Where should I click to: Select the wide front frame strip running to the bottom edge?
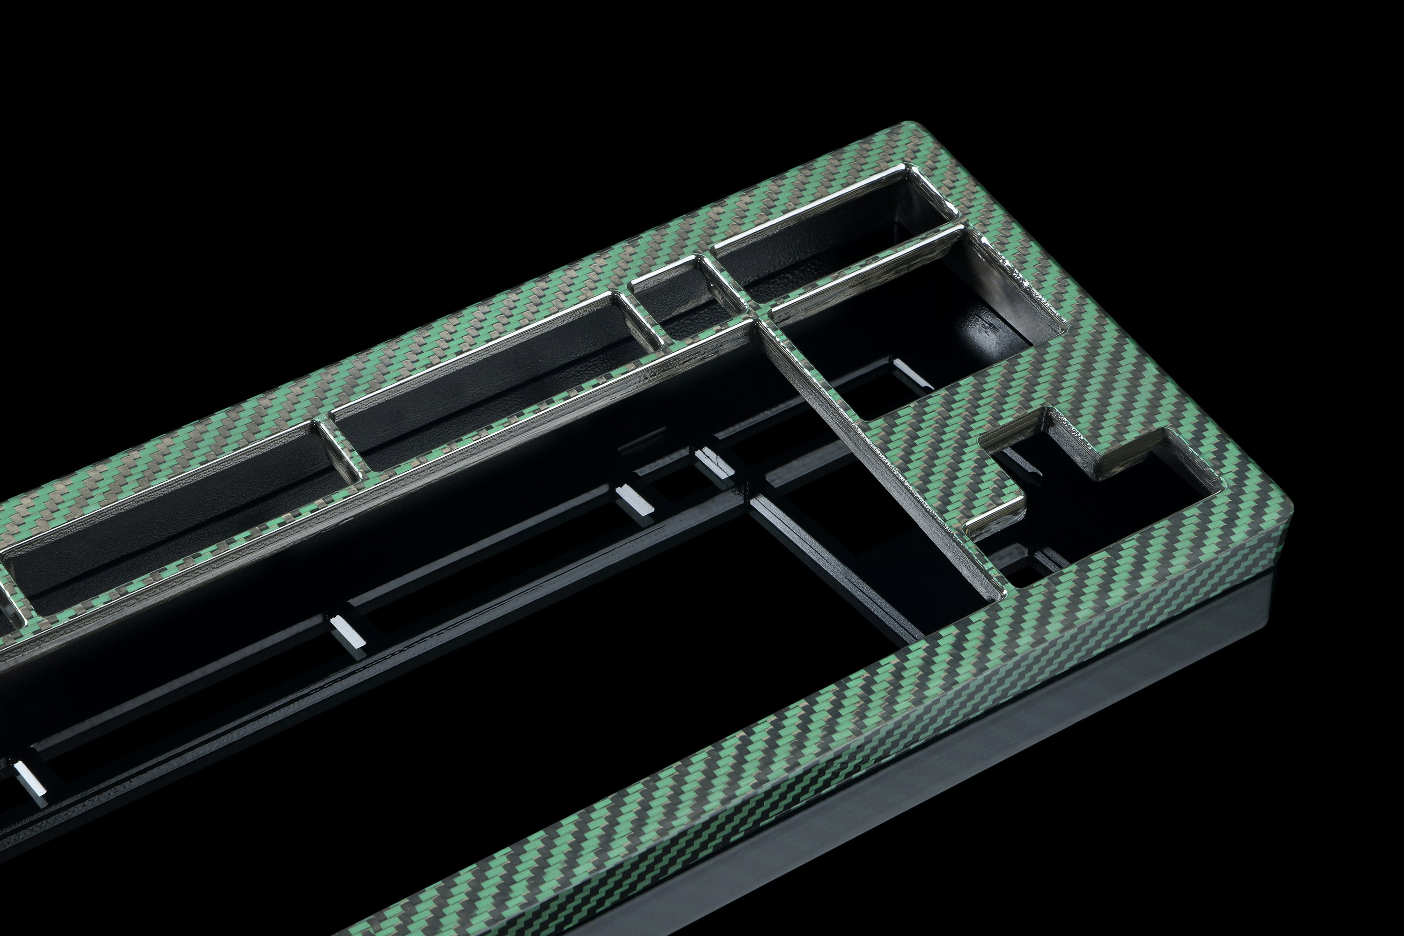pyautogui.click(x=806, y=752)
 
